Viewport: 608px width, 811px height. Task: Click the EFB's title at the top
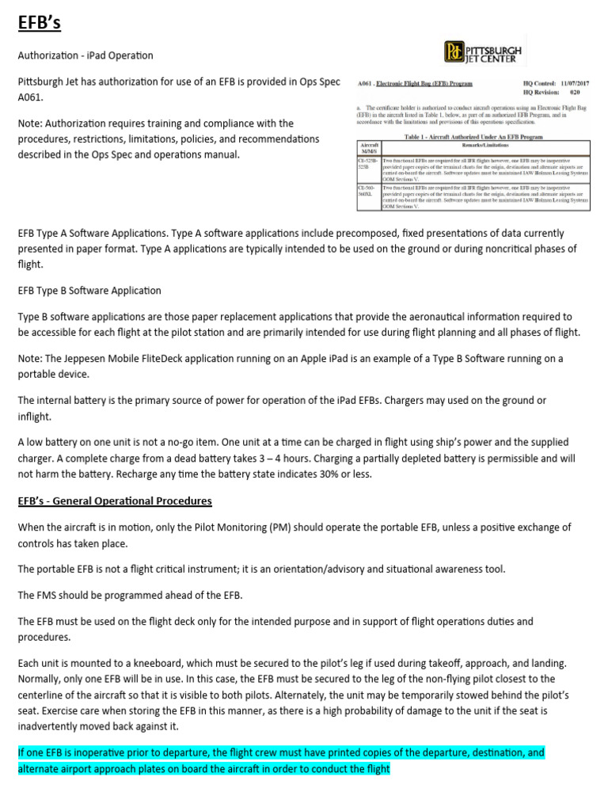pyautogui.click(x=40, y=22)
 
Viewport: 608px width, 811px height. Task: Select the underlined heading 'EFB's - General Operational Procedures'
pyautogui.click(x=115, y=501)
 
